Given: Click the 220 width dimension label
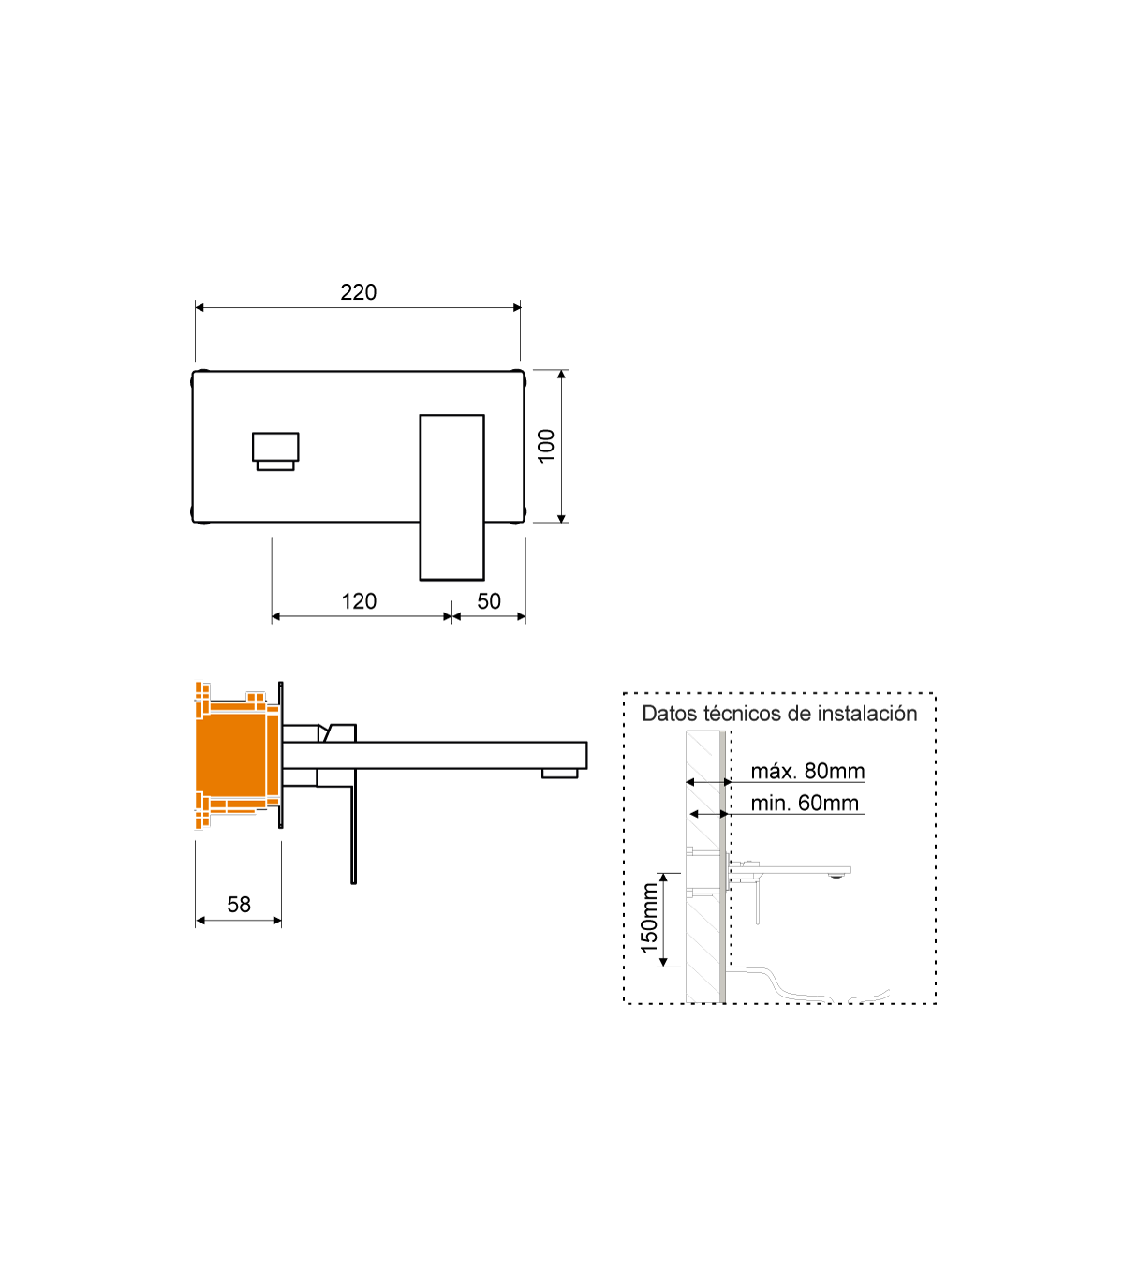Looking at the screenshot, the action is tap(358, 292).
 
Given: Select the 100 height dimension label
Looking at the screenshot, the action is tap(546, 446).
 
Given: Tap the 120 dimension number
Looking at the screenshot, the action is tap(359, 601).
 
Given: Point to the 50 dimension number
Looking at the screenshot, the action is tap(489, 601).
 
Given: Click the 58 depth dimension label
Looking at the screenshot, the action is tap(239, 905).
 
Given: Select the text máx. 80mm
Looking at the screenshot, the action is tap(807, 771).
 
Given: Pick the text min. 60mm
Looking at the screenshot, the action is tap(805, 803).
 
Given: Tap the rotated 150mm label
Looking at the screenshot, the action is tap(649, 918).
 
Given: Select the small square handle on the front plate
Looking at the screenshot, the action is tap(275, 450).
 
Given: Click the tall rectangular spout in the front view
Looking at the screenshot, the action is tap(451, 496).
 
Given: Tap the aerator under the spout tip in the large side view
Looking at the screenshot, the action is tap(559, 773).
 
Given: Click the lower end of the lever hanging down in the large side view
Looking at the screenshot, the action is tap(353, 882).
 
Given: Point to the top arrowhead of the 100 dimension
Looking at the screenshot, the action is tap(561, 374).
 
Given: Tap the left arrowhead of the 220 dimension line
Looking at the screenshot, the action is tap(200, 308).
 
